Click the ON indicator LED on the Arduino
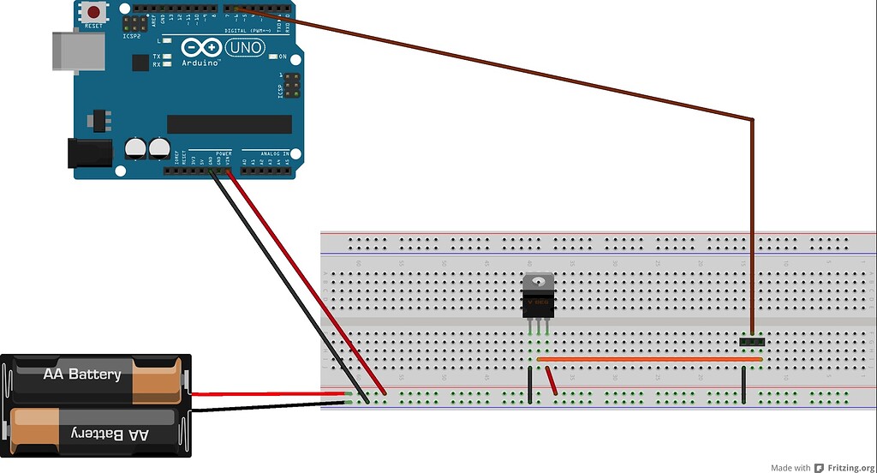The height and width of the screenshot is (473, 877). click(x=273, y=57)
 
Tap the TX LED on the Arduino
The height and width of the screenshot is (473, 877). click(x=166, y=57)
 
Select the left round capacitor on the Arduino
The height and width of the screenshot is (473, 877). click(x=135, y=148)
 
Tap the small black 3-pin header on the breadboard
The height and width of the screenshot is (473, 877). click(x=752, y=341)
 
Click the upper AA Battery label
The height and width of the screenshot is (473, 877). click(x=82, y=374)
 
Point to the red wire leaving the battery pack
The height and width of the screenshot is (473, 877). click(x=265, y=394)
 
